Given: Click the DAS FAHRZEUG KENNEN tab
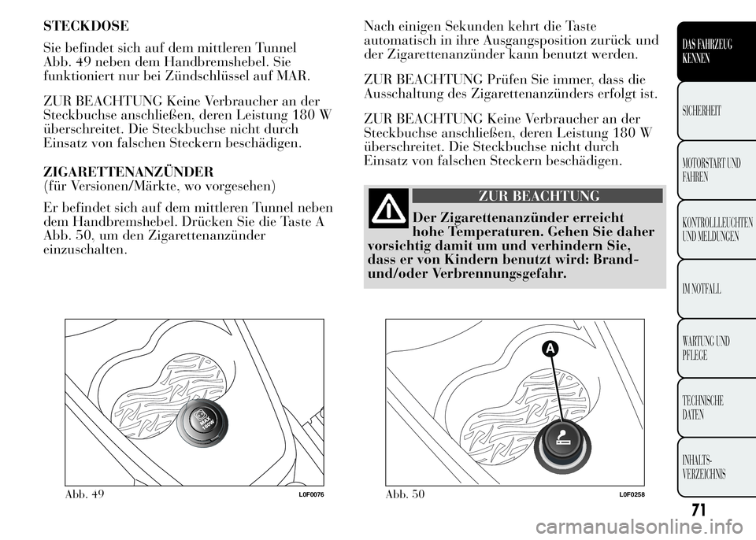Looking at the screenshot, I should coord(713,50).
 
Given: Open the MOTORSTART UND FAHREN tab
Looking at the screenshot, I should coord(713,170).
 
